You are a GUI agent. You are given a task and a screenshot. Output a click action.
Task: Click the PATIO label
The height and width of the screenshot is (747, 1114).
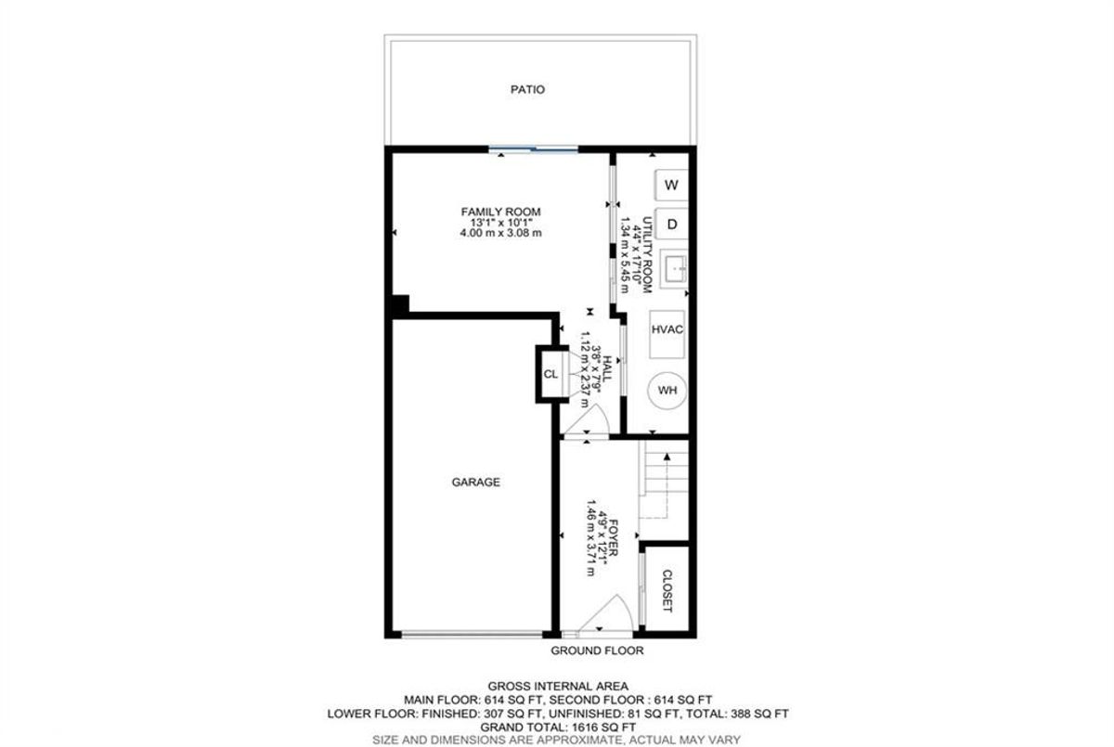pos(527,89)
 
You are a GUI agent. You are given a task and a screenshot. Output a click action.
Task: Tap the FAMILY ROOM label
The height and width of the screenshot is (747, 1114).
pos(500,212)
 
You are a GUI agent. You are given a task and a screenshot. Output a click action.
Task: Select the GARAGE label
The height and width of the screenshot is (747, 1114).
pos(476,483)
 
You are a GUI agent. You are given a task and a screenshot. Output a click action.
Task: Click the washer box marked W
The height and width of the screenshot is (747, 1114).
pos(671,185)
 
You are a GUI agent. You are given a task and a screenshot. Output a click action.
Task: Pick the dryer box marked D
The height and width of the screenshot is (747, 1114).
pos(671,225)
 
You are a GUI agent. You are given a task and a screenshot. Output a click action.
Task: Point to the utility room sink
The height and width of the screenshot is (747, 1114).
pos(674,269)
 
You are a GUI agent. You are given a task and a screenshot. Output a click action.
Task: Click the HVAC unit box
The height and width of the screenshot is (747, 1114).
pos(667,334)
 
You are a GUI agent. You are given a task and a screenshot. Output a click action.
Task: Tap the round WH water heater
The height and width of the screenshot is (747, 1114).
pos(667,391)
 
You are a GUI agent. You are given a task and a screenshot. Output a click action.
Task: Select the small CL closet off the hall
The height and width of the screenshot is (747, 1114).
pos(551,374)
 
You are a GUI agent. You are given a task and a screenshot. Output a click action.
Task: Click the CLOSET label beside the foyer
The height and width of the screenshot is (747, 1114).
pos(667,591)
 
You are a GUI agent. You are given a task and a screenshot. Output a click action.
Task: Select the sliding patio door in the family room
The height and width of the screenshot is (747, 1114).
pos(533,148)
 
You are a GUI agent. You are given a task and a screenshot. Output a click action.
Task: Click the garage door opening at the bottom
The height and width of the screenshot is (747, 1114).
pos(472,634)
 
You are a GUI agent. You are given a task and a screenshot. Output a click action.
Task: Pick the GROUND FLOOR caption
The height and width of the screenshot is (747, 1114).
pos(597,650)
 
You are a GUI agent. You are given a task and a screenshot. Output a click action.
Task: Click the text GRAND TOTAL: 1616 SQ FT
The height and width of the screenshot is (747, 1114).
pos(558,728)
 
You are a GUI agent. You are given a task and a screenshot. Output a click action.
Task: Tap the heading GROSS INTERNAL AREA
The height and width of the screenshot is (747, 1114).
pos(558,687)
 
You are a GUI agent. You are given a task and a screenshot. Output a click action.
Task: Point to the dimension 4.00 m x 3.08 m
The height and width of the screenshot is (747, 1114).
pos(500,233)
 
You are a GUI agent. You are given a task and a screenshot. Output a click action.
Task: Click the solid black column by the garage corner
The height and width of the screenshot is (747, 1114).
pos(400,304)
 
